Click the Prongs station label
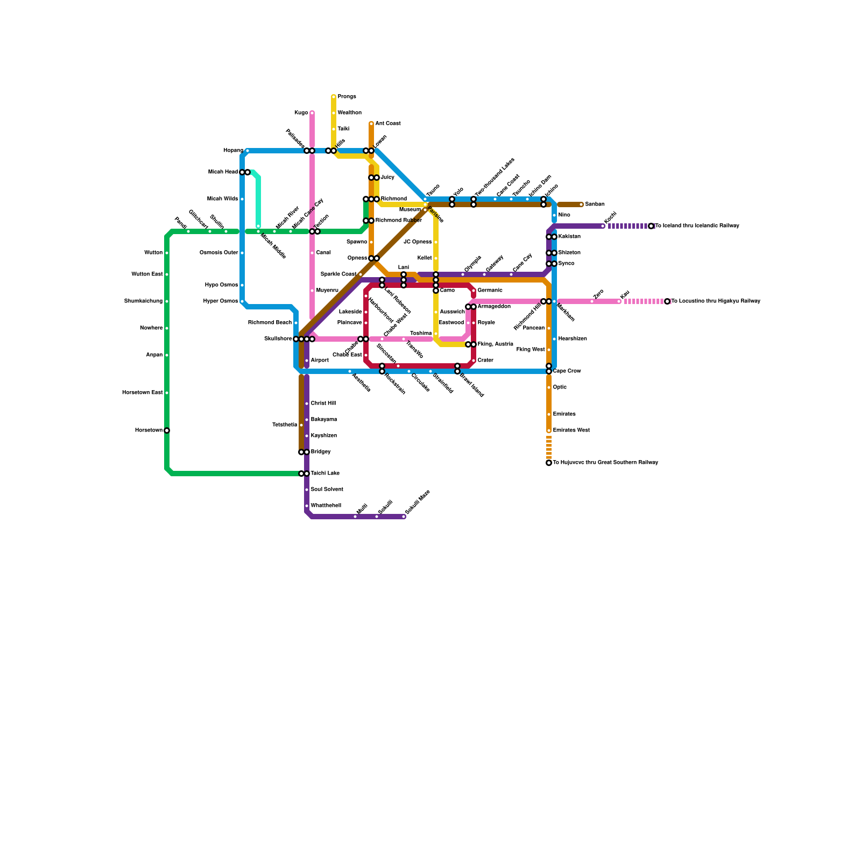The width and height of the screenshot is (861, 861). [x=347, y=97]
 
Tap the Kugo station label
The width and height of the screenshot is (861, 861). [x=301, y=113]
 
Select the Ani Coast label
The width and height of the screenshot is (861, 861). [x=387, y=124]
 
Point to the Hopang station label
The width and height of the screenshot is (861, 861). [x=233, y=151]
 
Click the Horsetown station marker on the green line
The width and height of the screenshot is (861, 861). [x=167, y=430]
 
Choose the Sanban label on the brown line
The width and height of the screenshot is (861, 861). [x=595, y=204]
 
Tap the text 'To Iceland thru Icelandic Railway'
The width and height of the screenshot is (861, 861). [x=697, y=226]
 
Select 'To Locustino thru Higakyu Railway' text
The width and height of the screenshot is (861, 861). [x=716, y=301]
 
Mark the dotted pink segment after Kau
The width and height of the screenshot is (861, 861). [x=644, y=301]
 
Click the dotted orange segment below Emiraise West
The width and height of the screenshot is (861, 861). [x=549, y=448]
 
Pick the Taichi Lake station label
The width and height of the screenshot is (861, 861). [x=325, y=474]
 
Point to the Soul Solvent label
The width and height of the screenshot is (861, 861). [x=327, y=490]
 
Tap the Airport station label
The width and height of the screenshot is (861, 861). [x=320, y=361]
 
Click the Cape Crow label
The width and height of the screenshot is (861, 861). [x=567, y=371]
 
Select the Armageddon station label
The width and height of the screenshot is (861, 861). [x=493, y=307]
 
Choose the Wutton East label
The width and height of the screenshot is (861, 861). [x=147, y=274]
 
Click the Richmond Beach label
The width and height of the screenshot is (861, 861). [x=270, y=323]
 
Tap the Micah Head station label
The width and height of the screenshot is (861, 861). [x=223, y=172]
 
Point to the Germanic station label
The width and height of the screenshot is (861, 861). [x=490, y=291]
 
